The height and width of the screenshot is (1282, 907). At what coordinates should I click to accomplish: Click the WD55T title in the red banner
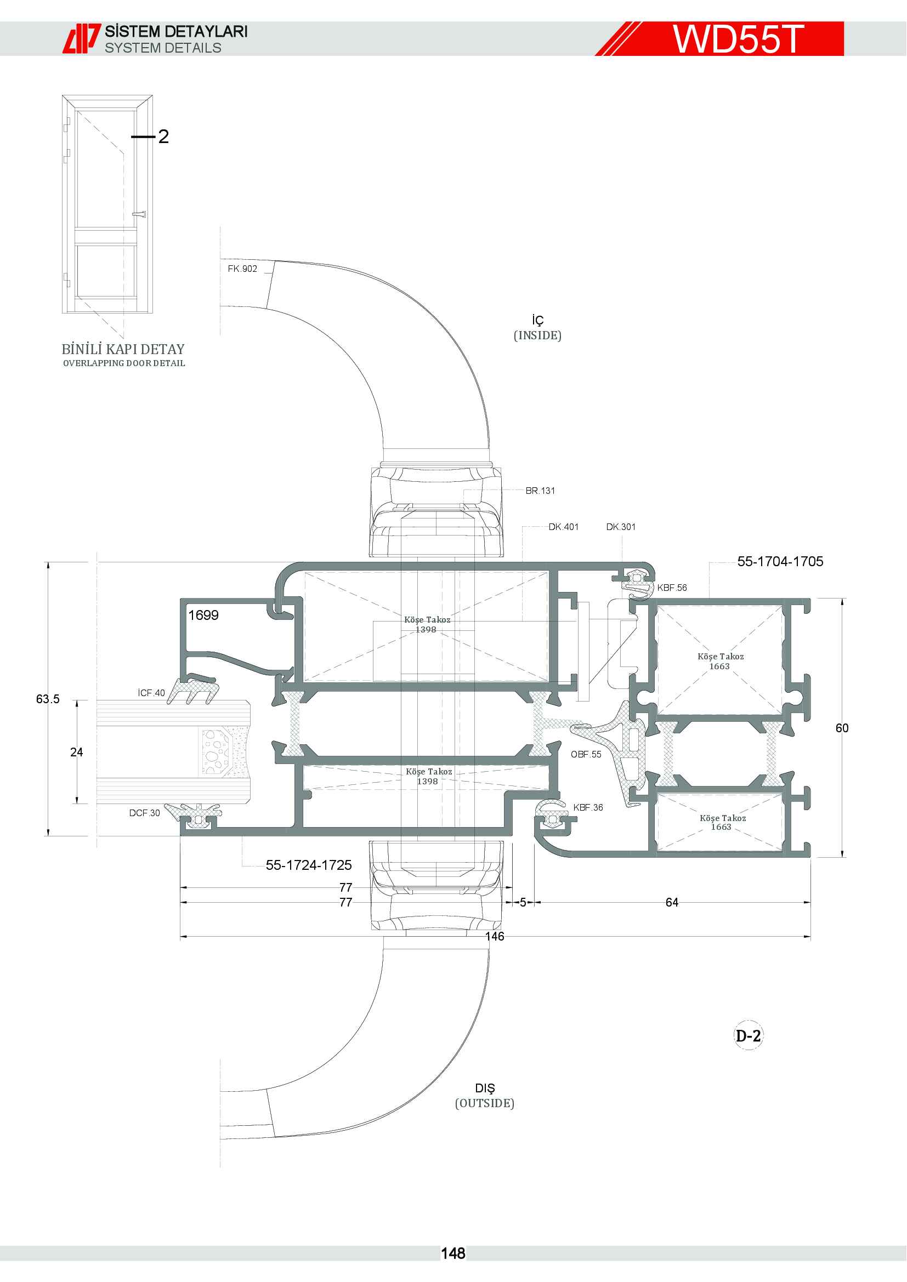click(738, 38)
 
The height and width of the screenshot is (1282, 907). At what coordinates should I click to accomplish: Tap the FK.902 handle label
click(242, 269)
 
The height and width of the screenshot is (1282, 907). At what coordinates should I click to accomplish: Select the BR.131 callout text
click(540, 491)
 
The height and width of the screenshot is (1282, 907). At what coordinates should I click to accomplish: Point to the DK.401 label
click(564, 527)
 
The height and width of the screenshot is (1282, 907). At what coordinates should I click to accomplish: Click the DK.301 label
click(621, 527)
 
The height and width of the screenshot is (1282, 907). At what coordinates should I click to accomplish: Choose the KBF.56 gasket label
click(672, 588)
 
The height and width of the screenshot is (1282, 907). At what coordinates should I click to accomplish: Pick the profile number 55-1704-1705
click(780, 562)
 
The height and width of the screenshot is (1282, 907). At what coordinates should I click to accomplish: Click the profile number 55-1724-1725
click(309, 865)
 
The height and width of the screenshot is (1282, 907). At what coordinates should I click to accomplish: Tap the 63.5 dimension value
click(48, 699)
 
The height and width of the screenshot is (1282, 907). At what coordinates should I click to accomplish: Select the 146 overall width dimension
click(495, 936)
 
